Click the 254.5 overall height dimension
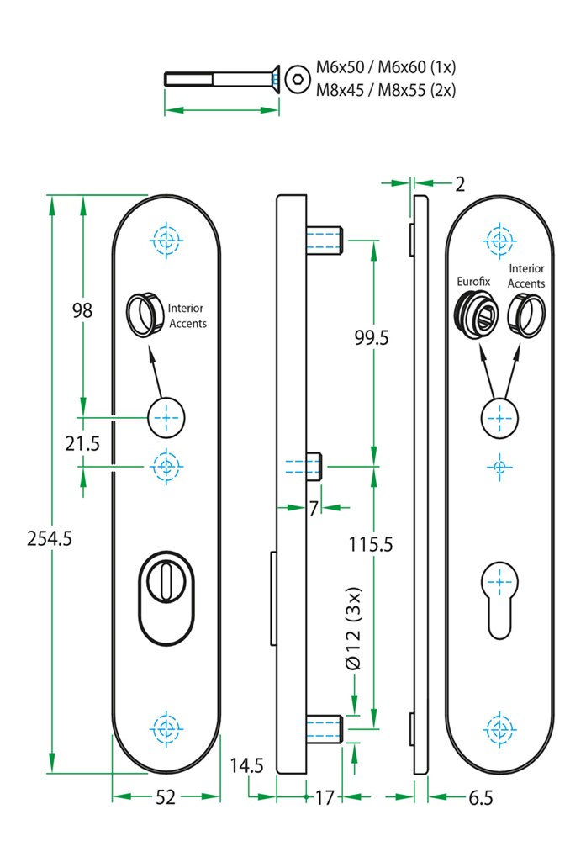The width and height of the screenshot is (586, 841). tap(50, 538)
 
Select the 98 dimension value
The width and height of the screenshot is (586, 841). tap(82, 310)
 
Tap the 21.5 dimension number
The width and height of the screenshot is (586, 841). tap(82, 443)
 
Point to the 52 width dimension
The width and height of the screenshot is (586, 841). tap(166, 797)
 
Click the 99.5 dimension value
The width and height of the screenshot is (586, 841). tap(372, 337)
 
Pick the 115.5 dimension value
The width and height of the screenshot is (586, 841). tap(371, 544)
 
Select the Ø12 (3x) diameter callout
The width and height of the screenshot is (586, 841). tap(354, 628)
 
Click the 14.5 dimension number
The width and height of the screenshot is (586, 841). tap(246, 766)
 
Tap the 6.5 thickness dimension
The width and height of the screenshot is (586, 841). tap(480, 798)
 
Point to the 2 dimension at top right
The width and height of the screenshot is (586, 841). tap(460, 184)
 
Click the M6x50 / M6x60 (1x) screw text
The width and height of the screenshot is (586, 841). tap(386, 67)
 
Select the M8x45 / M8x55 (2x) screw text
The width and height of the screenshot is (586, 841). tap(386, 90)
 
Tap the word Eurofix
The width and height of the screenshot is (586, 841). tap(473, 281)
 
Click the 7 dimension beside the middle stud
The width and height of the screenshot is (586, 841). tap(314, 508)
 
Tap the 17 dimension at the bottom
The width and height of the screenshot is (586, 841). tap(324, 798)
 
